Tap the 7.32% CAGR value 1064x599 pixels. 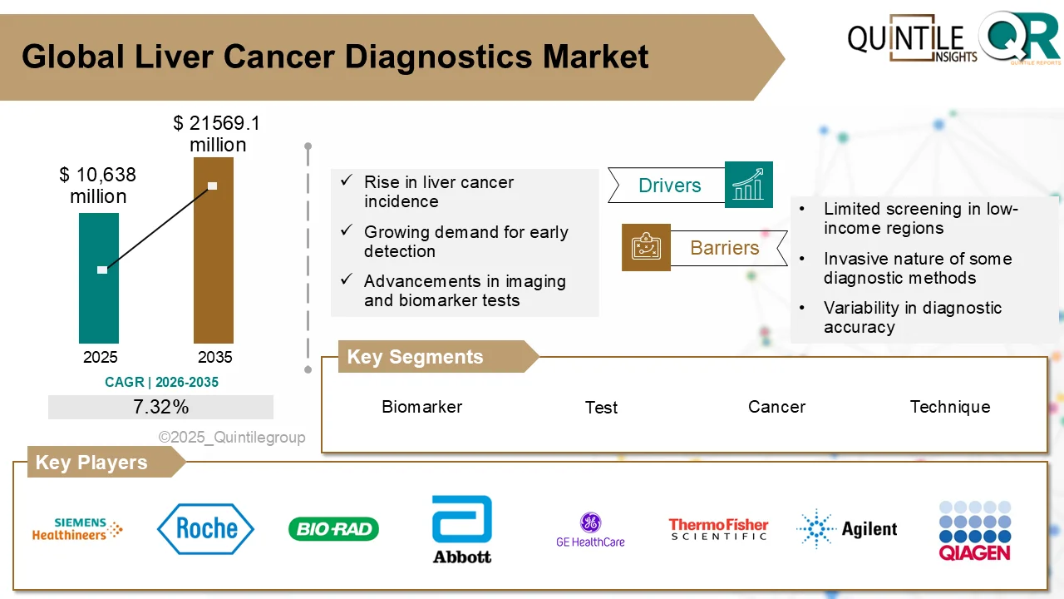click(x=160, y=407)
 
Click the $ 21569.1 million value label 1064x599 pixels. click(x=217, y=134)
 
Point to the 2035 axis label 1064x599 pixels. click(x=214, y=358)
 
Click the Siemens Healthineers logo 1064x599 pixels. click(x=76, y=529)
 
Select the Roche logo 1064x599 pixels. click(x=205, y=529)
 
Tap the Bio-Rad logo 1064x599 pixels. click(x=333, y=529)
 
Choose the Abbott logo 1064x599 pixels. click(x=462, y=530)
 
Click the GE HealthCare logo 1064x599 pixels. click(x=590, y=530)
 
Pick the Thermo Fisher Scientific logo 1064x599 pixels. click(x=718, y=529)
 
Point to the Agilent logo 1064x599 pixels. click(x=846, y=529)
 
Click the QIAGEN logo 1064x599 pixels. click(x=974, y=530)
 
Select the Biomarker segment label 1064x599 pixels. click(x=421, y=407)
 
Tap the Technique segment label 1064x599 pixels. click(x=949, y=407)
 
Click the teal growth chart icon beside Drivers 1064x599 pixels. click(x=748, y=185)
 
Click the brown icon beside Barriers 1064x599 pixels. click(x=646, y=247)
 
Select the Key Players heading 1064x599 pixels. click(x=91, y=463)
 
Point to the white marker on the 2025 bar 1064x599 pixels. click(x=102, y=270)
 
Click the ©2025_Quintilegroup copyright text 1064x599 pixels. click(x=232, y=438)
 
